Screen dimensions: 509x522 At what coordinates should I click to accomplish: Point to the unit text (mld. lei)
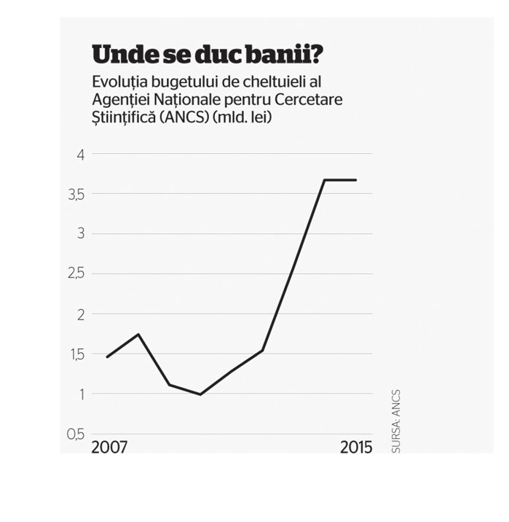point(242,117)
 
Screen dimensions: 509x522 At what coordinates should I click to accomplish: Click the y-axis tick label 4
point(81,155)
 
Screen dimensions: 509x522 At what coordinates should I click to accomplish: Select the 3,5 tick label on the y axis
point(76,195)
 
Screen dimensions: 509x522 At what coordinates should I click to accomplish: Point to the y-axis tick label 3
point(81,233)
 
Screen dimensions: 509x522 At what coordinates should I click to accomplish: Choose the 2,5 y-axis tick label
point(76,273)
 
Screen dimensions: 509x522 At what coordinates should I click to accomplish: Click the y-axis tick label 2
point(81,315)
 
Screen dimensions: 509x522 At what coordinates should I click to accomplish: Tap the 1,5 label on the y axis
point(77,355)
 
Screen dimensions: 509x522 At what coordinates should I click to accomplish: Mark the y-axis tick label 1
point(82,394)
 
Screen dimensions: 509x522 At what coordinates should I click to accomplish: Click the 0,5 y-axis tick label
point(76,435)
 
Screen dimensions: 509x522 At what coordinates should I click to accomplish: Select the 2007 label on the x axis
point(109,448)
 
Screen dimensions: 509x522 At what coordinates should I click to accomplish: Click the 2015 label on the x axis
point(356,448)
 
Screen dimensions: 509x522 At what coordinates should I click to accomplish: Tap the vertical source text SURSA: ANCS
point(396,421)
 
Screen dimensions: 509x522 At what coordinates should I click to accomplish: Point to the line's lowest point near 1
point(200,394)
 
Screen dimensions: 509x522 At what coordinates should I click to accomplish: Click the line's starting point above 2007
point(107,357)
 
